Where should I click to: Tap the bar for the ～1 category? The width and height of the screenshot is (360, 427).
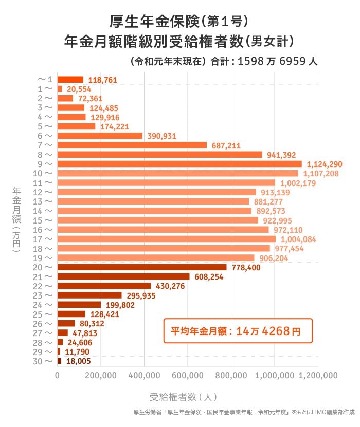(70, 80)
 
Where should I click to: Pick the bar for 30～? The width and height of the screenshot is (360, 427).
(59, 361)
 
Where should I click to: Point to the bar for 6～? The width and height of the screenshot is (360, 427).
(99, 136)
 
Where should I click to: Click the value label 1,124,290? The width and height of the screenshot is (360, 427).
(324, 164)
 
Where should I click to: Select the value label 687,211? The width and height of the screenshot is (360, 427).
(226, 145)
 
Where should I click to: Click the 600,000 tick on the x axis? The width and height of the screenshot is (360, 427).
(187, 376)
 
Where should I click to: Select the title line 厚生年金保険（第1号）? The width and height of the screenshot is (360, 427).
(179, 21)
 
